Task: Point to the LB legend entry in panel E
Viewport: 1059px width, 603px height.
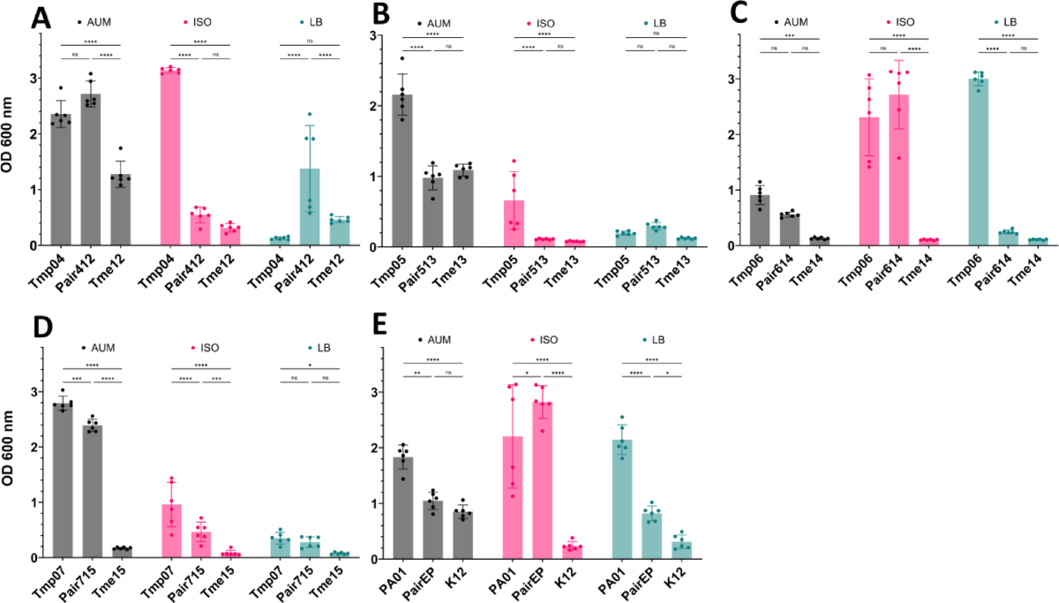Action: pyautogui.click(x=669, y=340)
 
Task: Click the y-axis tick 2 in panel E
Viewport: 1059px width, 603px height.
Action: pyautogui.click(x=375, y=448)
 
